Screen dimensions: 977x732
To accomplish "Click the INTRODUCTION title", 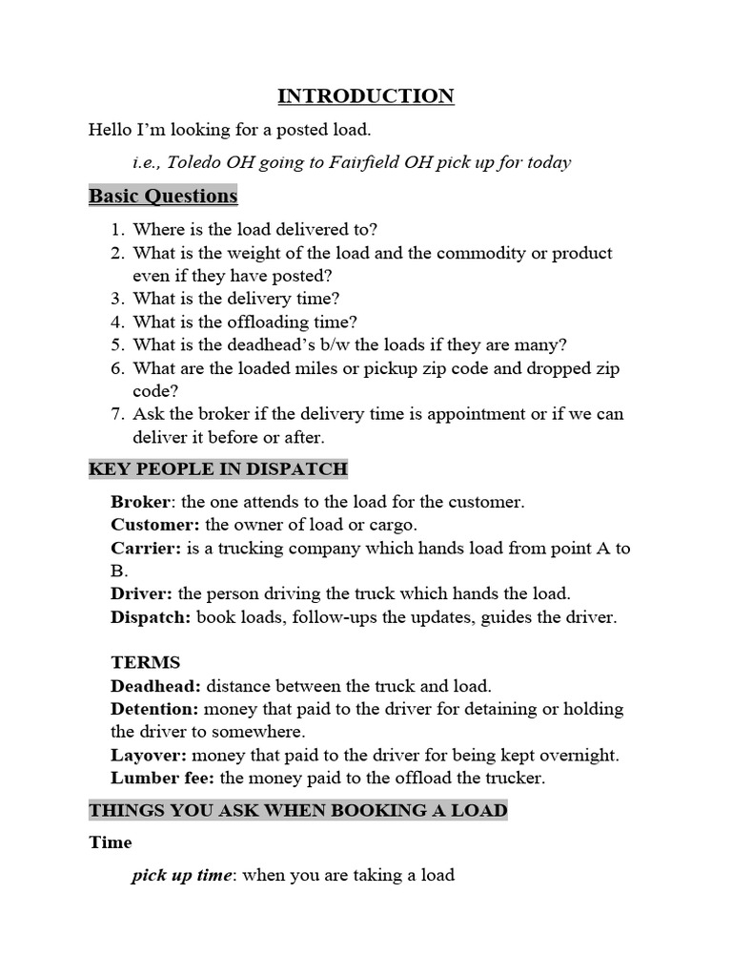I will (x=366, y=95).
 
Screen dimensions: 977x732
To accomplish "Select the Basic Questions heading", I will (x=163, y=196).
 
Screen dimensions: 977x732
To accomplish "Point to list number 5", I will (x=116, y=345).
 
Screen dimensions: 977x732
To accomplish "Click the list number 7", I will (x=116, y=414).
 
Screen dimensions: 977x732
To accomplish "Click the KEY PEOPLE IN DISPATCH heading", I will (x=218, y=469).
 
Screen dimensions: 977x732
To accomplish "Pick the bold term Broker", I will (x=140, y=502).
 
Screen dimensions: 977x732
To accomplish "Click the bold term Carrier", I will (x=145, y=548).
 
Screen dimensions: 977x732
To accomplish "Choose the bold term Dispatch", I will (x=151, y=616).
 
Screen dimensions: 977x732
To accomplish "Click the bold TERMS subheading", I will (x=145, y=662).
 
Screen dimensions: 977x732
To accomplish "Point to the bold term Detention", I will (x=154, y=709).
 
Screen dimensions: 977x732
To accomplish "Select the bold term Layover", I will (x=149, y=755).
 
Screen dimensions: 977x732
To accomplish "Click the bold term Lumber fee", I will (x=163, y=778).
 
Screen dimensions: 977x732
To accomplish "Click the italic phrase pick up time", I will (x=181, y=875).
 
